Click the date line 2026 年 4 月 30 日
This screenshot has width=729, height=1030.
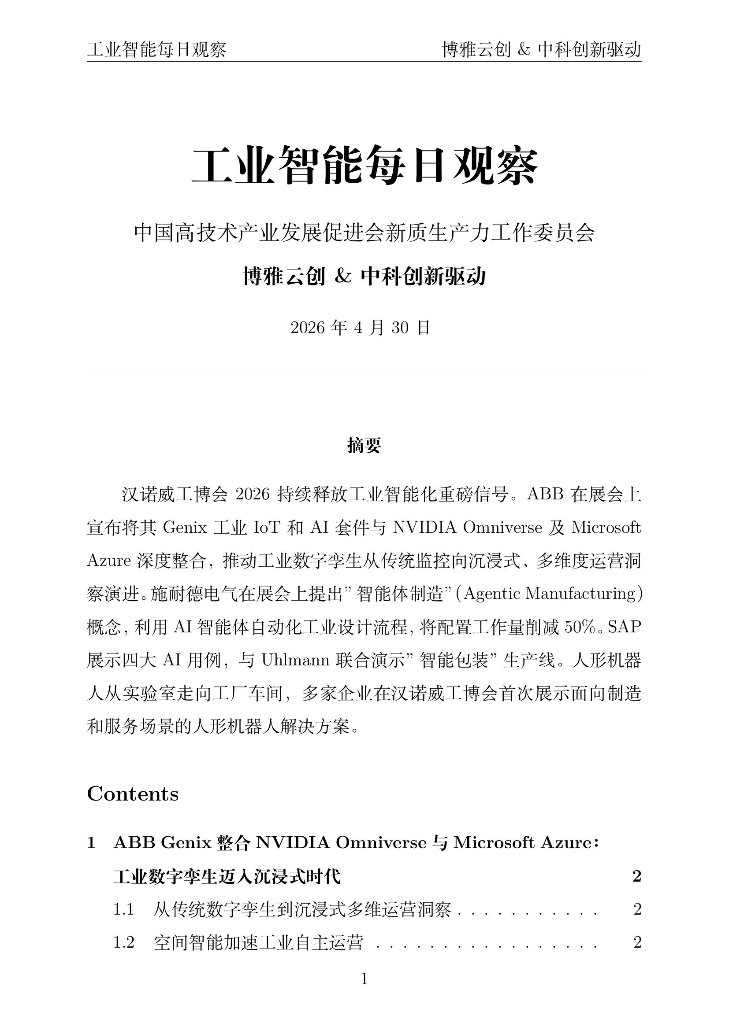click(x=361, y=328)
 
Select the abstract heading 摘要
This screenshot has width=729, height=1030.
click(x=364, y=446)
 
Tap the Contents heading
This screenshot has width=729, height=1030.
click(x=133, y=794)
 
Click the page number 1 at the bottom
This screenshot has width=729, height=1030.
click(x=364, y=979)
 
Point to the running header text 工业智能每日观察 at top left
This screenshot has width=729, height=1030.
click(x=156, y=50)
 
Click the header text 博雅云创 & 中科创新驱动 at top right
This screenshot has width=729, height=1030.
click(x=542, y=50)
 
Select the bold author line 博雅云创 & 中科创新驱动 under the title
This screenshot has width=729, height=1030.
click(x=364, y=277)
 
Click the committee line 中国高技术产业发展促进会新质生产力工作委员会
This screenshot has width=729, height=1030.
click(x=364, y=233)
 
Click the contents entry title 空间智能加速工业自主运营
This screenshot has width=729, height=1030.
click(x=258, y=942)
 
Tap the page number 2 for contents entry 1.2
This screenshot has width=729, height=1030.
click(x=637, y=942)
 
